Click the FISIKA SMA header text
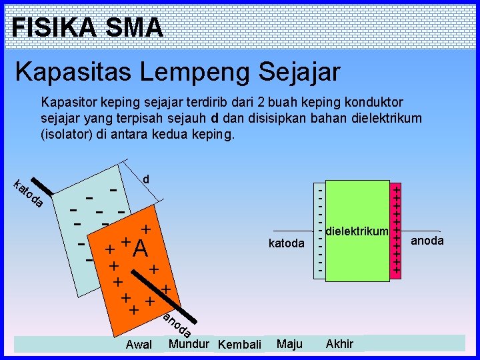click(x=87, y=27)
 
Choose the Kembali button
click(x=240, y=345)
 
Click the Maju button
click(x=289, y=344)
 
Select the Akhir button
click(x=339, y=344)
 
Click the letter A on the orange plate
click(x=140, y=249)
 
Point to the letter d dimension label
click(x=146, y=179)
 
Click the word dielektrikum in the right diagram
click(x=357, y=231)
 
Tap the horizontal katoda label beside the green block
click(x=286, y=243)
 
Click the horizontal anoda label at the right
click(x=427, y=241)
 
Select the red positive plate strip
click(x=396, y=230)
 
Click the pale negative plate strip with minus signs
click(x=321, y=230)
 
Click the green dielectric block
click(x=357, y=260)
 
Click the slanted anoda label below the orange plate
click(x=177, y=324)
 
